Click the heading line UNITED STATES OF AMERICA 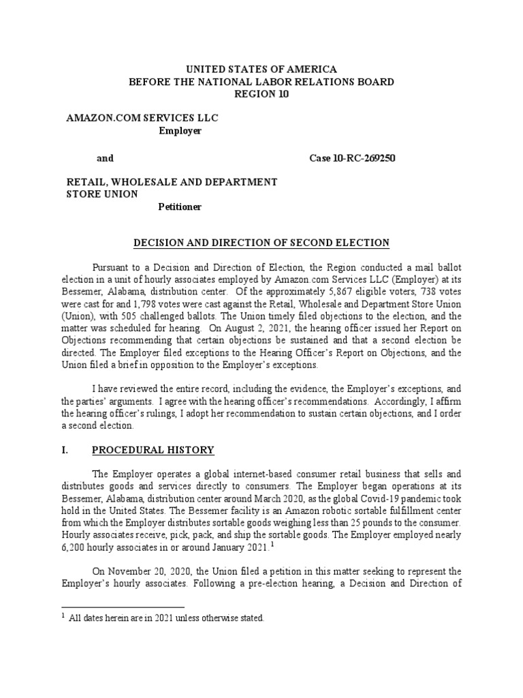[x=261, y=70]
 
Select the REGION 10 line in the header [x=261, y=95]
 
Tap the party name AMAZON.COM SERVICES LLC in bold [x=142, y=119]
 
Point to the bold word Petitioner [x=180, y=207]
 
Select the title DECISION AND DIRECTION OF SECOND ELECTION [x=261, y=242]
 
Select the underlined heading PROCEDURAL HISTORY [x=153, y=450]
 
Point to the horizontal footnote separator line [x=123, y=606]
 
